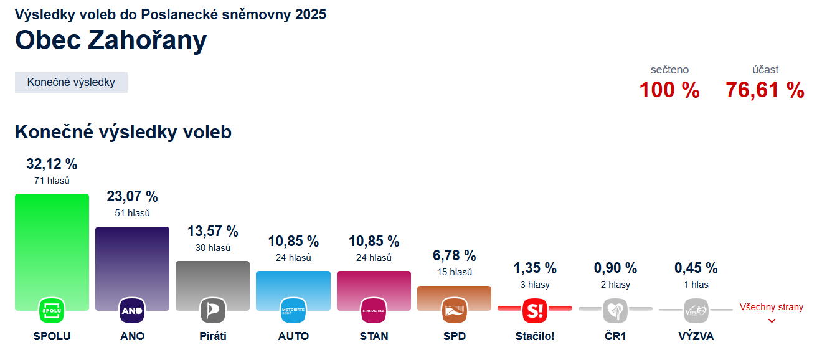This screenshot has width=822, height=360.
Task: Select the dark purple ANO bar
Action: pyautogui.click(x=132, y=262)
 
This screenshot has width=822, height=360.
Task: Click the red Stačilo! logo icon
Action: pyautogui.click(x=534, y=310)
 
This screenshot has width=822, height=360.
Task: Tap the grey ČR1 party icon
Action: pyautogui.click(x=615, y=310)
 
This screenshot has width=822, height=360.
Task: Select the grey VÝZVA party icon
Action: pyautogui.click(x=696, y=310)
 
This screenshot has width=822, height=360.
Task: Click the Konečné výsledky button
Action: pyautogui.click(x=71, y=82)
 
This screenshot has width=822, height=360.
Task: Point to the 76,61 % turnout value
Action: pyautogui.click(x=765, y=90)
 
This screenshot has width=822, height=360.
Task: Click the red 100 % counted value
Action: pyautogui.click(x=669, y=90)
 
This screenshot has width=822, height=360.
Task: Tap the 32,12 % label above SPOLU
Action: pyautogui.click(x=52, y=164)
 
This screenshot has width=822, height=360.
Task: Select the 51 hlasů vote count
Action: pyautogui.click(x=132, y=213)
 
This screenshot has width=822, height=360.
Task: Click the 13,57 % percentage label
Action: pyautogui.click(x=212, y=231)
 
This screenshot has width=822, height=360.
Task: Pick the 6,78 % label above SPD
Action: pyautogui.click(x=454, y=255)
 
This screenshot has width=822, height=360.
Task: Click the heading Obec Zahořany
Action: pyautogui.click(x=111, y=40)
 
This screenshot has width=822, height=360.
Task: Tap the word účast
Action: pyautogui.click(x=765, y=70)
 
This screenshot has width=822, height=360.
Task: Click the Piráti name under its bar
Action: pyautogui.click(x=212, y=336)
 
